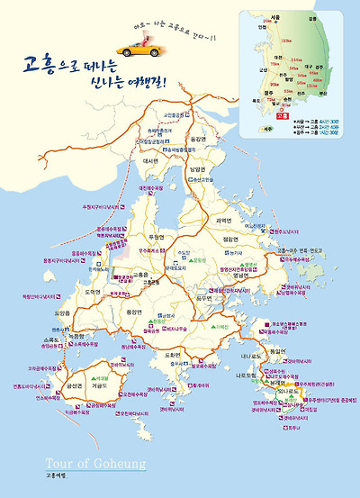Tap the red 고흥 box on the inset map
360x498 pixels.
point(281,116)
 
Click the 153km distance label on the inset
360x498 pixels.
point(286,41)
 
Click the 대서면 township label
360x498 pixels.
point(149,161)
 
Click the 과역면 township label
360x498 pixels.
point(223,220)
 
